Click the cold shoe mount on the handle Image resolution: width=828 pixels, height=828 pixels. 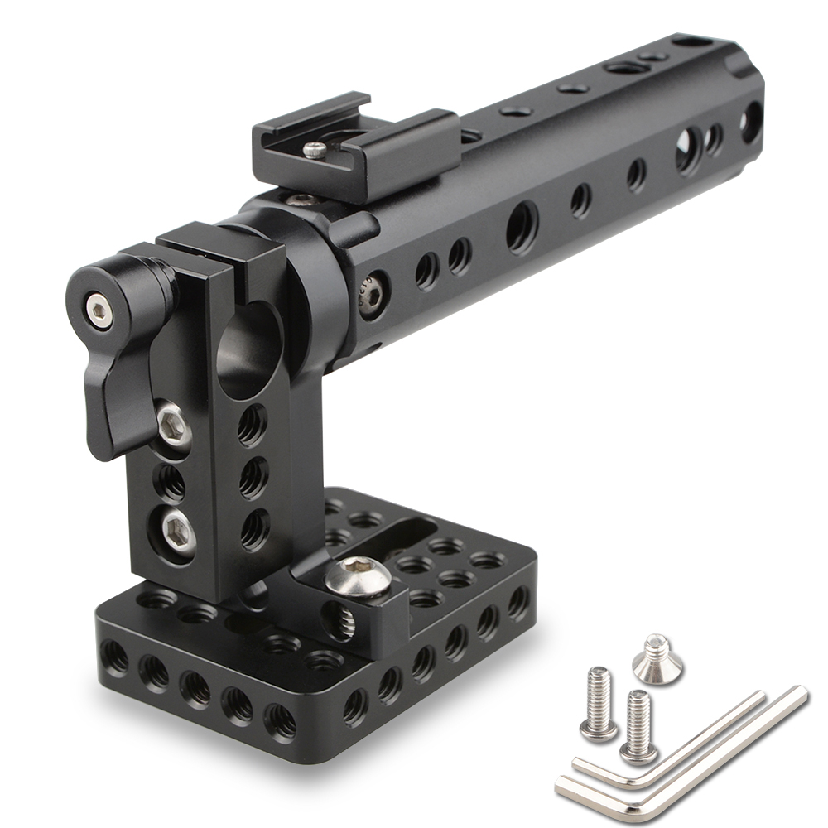coord(356,153)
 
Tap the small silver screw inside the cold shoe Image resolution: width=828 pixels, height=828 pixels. coord(315,150)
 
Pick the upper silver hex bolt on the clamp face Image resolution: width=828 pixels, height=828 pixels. coord(173,423)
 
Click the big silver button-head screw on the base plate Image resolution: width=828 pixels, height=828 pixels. coord(359,576)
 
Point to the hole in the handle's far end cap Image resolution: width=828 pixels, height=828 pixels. coord(751,122)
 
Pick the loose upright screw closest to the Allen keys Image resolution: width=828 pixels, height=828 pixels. coord(638,724)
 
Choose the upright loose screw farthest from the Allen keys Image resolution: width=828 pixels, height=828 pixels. coord(599,704)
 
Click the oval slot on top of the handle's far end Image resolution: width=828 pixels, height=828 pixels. coord(694,41)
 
